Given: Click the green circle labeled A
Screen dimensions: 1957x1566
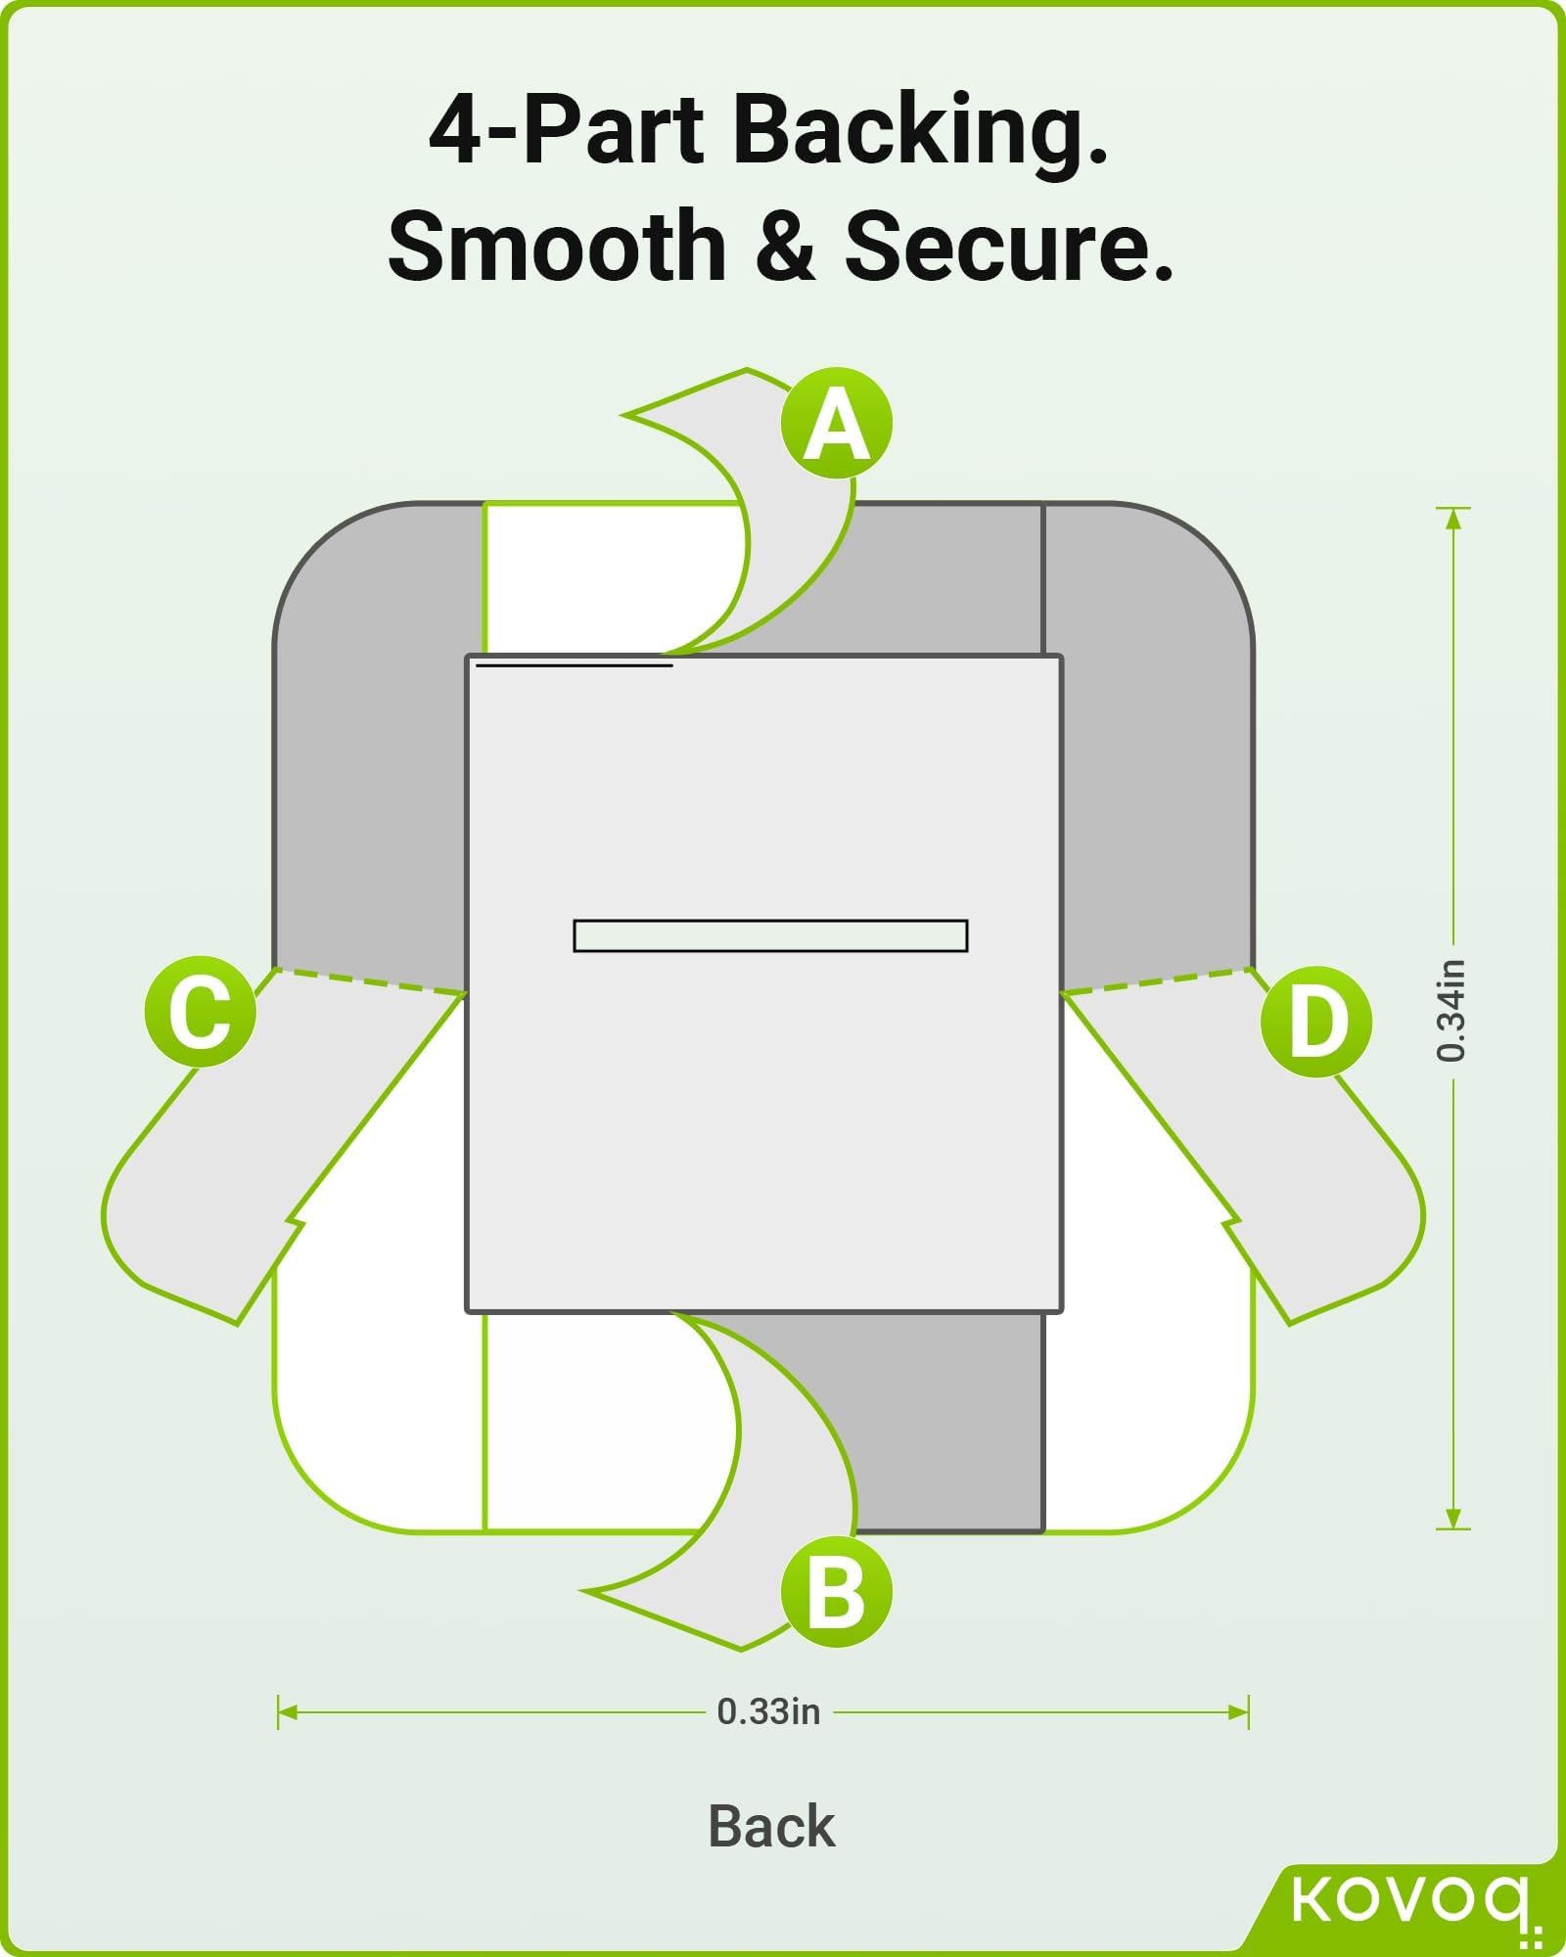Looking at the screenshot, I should [x=837, y=425].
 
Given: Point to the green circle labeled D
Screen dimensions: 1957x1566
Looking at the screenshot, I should [x=1315, y=1022].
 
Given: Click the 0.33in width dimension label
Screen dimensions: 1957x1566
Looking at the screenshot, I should [x=768, y=1711].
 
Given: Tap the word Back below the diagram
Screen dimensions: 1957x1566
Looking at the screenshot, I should [x=771, y=1826].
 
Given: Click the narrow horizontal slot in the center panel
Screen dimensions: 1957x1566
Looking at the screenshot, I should [x=770, y=935].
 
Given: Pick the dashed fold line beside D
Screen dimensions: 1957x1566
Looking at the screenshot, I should [x=1155, y=981].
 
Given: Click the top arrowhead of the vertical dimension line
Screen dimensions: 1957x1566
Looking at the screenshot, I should [x=1453, y=518].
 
